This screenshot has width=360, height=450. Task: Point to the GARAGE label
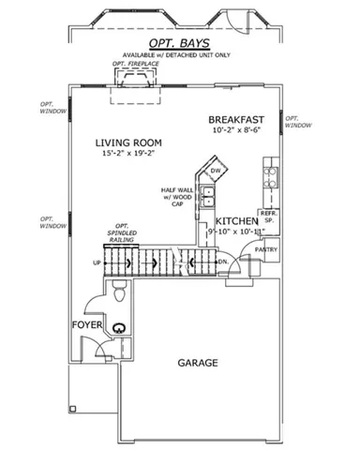tap(198, 362)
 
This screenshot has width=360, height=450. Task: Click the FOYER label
tap(87, 325)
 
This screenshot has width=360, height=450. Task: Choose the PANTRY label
tap(265, 250)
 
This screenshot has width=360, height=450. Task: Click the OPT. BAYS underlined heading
tap(178, 43)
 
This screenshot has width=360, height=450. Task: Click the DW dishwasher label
tap(215, 171)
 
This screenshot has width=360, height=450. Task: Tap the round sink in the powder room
tap(120, 328)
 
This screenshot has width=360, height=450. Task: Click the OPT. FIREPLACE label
tap(130, 64)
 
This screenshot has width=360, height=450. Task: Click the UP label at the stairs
tap(97, 263)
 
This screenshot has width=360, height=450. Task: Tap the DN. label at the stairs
tap(223, 262)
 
